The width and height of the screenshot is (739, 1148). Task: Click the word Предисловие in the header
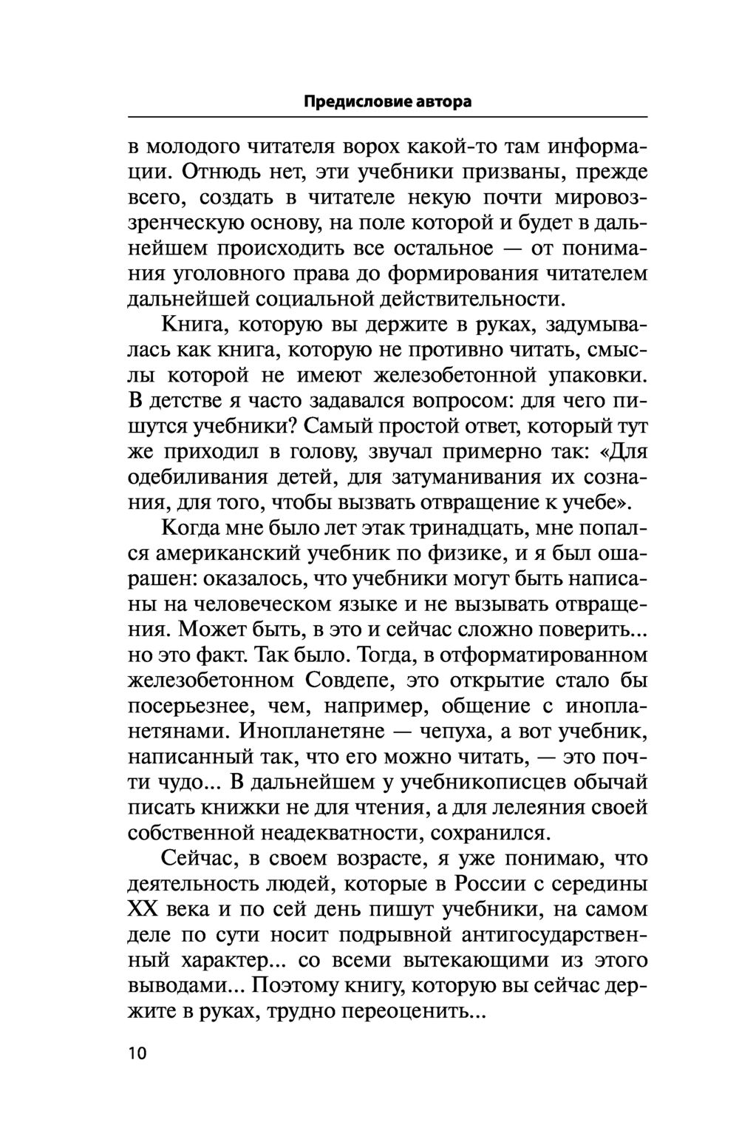point(347,102)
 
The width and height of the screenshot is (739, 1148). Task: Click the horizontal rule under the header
point(388,117)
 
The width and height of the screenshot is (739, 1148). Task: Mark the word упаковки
point(598,375)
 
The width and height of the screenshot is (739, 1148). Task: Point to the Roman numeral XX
point(144,910)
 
